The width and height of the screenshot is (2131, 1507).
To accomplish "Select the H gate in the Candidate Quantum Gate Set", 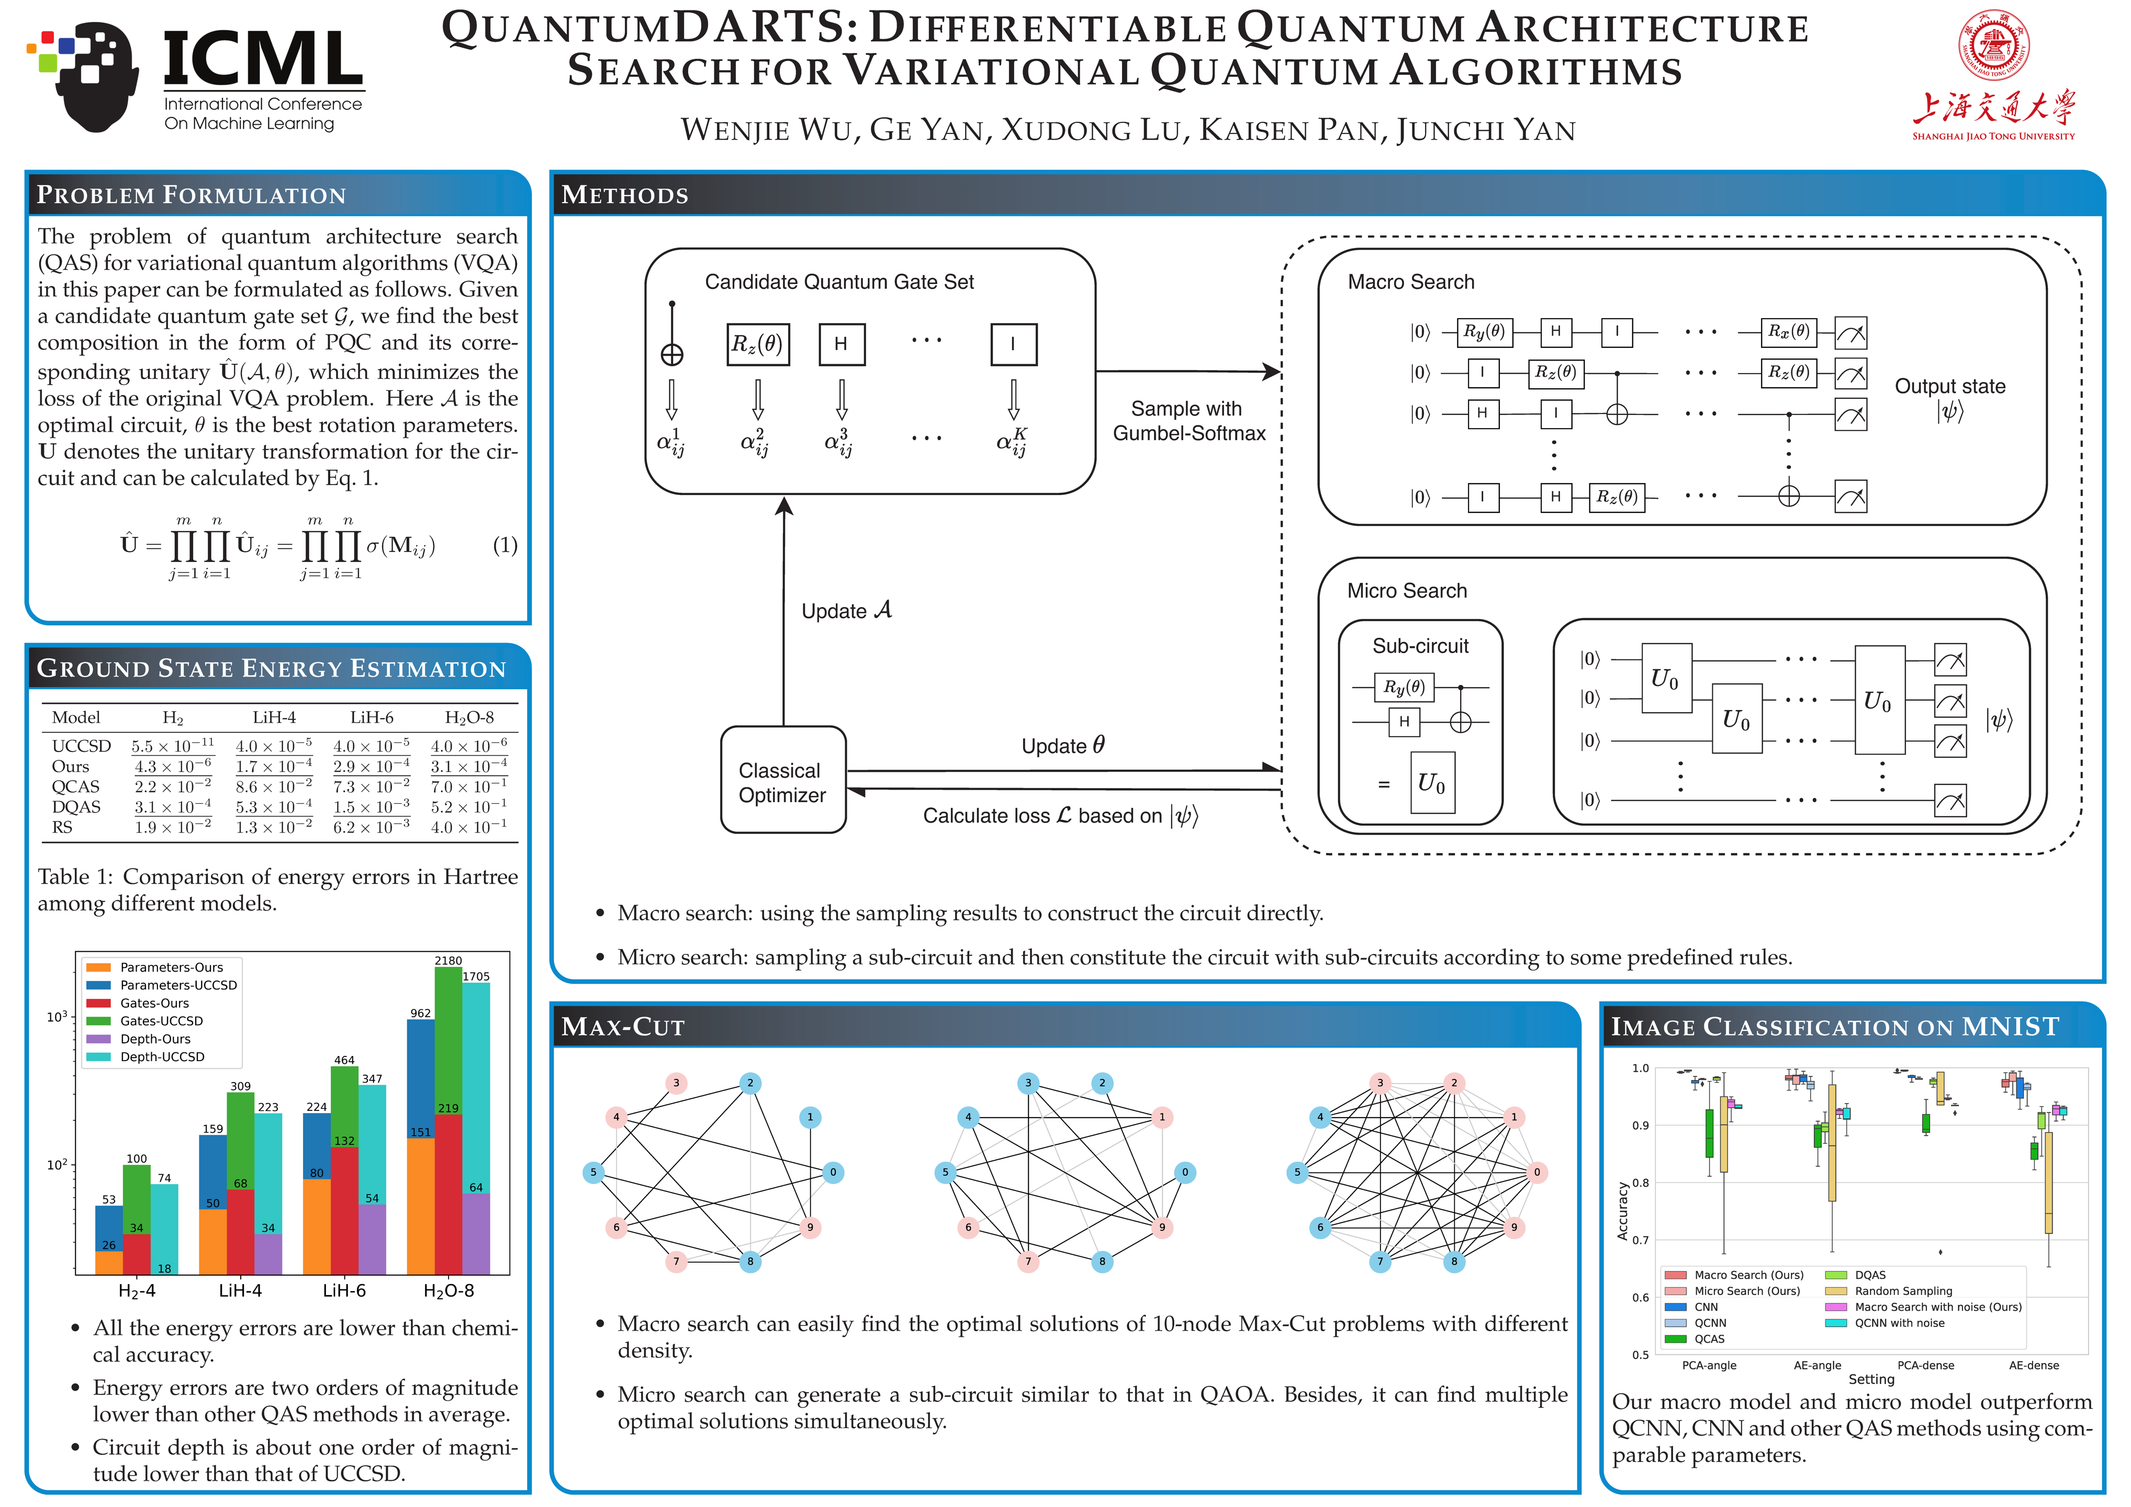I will click(841, 344).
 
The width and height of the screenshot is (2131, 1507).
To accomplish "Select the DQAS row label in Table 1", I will click(76, 806).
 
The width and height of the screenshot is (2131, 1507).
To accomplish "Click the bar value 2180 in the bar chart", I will click(448, 960).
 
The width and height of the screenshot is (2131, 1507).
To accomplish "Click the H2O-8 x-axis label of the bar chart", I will click(448, 1291).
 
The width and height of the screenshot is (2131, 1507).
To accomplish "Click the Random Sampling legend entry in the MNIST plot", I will click(1903, 1291).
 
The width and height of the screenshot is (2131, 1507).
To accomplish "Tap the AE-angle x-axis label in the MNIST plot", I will click(1816, 1365).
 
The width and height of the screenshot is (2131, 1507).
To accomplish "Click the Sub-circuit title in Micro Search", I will click(1420, 646).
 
